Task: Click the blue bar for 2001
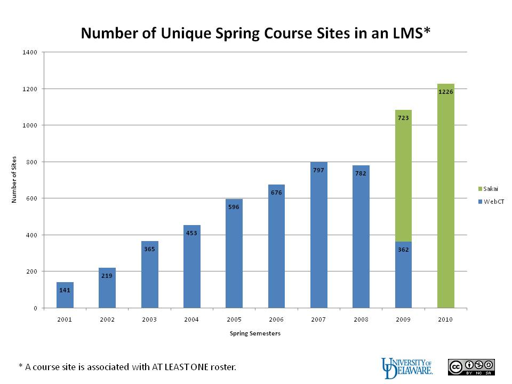tap(65, 295)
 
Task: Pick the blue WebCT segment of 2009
tap(403, 275)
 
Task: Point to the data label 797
tap(319, 170)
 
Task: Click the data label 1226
tap(446, 92)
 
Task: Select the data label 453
tap(192, 233)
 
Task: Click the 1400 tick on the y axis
tap(30, 52)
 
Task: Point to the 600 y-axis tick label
tap(31, 198)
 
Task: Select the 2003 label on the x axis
tap(150, 319)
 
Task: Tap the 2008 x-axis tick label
tap(361, 319)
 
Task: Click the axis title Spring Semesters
tap(255, 334)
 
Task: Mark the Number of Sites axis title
tap(14, 180)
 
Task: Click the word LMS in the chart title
tap(405, 33)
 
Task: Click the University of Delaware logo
tap(406, 366)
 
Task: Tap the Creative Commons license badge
tap(471, 367)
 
